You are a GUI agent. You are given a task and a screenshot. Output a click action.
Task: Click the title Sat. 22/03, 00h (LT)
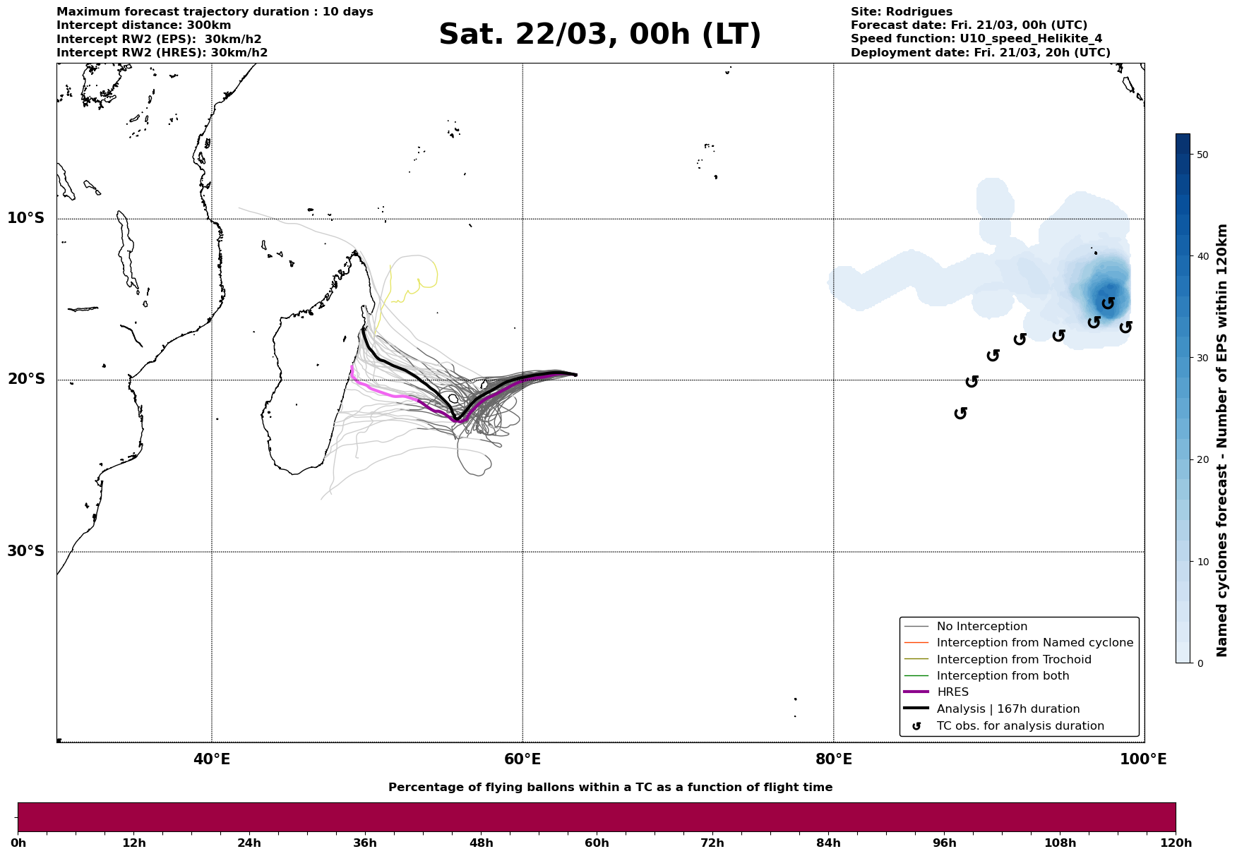coord(599,35)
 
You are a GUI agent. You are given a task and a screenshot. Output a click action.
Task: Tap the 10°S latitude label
coord(26,218)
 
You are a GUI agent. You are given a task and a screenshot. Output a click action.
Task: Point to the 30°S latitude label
coord(26,551)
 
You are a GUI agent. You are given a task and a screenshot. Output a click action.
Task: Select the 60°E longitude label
coord(522,759)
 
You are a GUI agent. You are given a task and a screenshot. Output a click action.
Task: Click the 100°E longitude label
coord(1143,759)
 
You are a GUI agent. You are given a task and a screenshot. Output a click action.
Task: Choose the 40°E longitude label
coord(212,759)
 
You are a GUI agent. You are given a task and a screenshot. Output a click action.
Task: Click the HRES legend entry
coord(952,692)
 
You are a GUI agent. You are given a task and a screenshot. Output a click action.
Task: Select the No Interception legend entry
coord(981,627)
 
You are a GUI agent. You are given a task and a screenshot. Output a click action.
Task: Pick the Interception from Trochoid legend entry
coord(1013,660)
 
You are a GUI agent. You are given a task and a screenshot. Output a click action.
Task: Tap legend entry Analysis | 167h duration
coord(1008,709)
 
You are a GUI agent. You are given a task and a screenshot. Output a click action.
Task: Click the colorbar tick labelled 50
coord(1203,155)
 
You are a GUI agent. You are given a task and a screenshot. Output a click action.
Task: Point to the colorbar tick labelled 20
coord(1203,460)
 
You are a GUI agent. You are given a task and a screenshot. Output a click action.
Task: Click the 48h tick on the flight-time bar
coord(481,843)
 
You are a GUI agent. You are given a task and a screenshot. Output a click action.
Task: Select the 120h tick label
coord(1175,843)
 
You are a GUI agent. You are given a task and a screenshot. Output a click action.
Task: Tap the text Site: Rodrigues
coord(901,12)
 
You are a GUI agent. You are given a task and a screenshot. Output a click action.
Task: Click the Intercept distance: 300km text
coord(143,25)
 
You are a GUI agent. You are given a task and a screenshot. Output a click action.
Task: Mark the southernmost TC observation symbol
coord(960,413)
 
